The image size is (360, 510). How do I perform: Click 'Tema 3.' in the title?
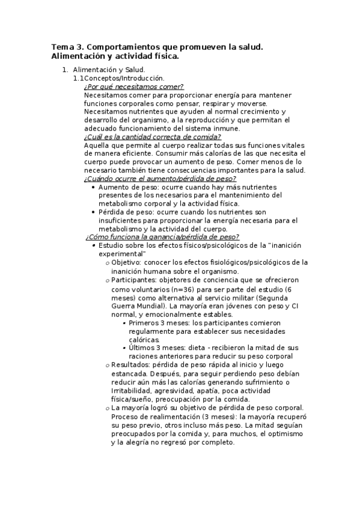68,47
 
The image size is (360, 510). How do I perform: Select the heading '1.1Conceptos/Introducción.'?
118,78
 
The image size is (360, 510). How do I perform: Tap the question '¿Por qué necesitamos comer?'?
133,87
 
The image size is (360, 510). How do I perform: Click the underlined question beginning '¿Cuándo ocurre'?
160,179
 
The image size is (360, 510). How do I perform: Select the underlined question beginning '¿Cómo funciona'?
162,237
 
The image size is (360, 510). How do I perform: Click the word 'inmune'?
226,128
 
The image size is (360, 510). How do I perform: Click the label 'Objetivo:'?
126,262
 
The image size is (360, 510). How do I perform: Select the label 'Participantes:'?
133,280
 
